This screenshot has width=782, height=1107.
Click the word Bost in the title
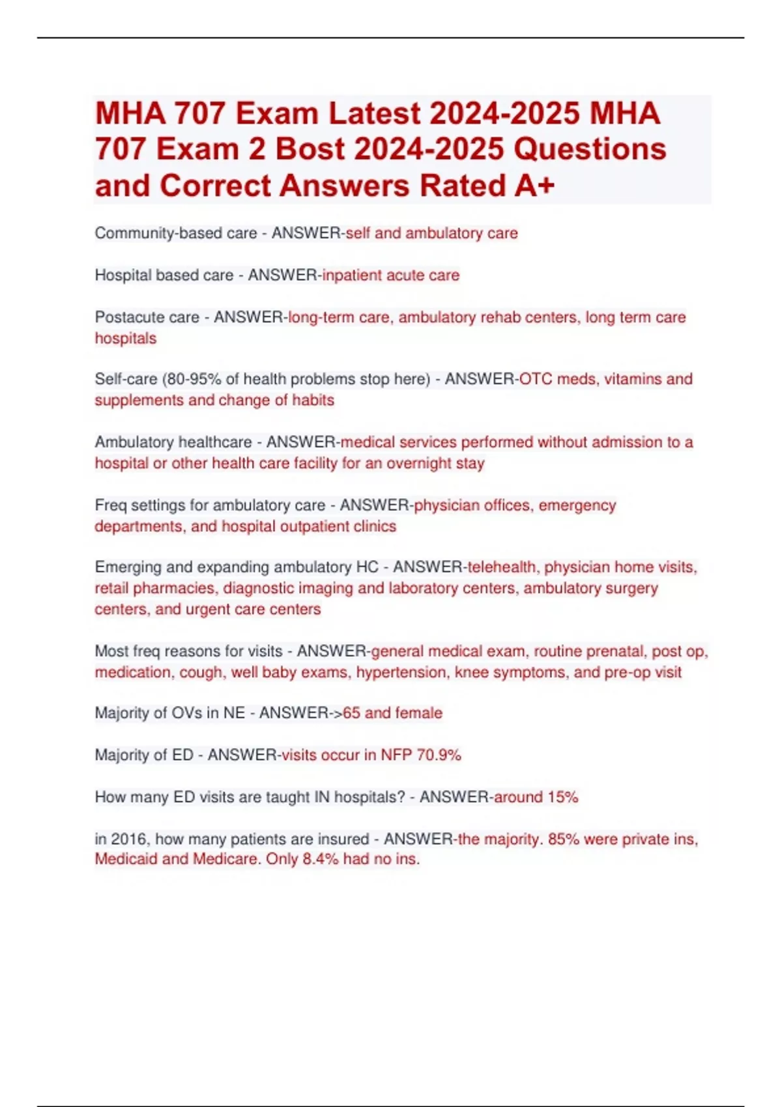[x=310, y=149]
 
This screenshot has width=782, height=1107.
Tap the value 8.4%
[x=321, y=860]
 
